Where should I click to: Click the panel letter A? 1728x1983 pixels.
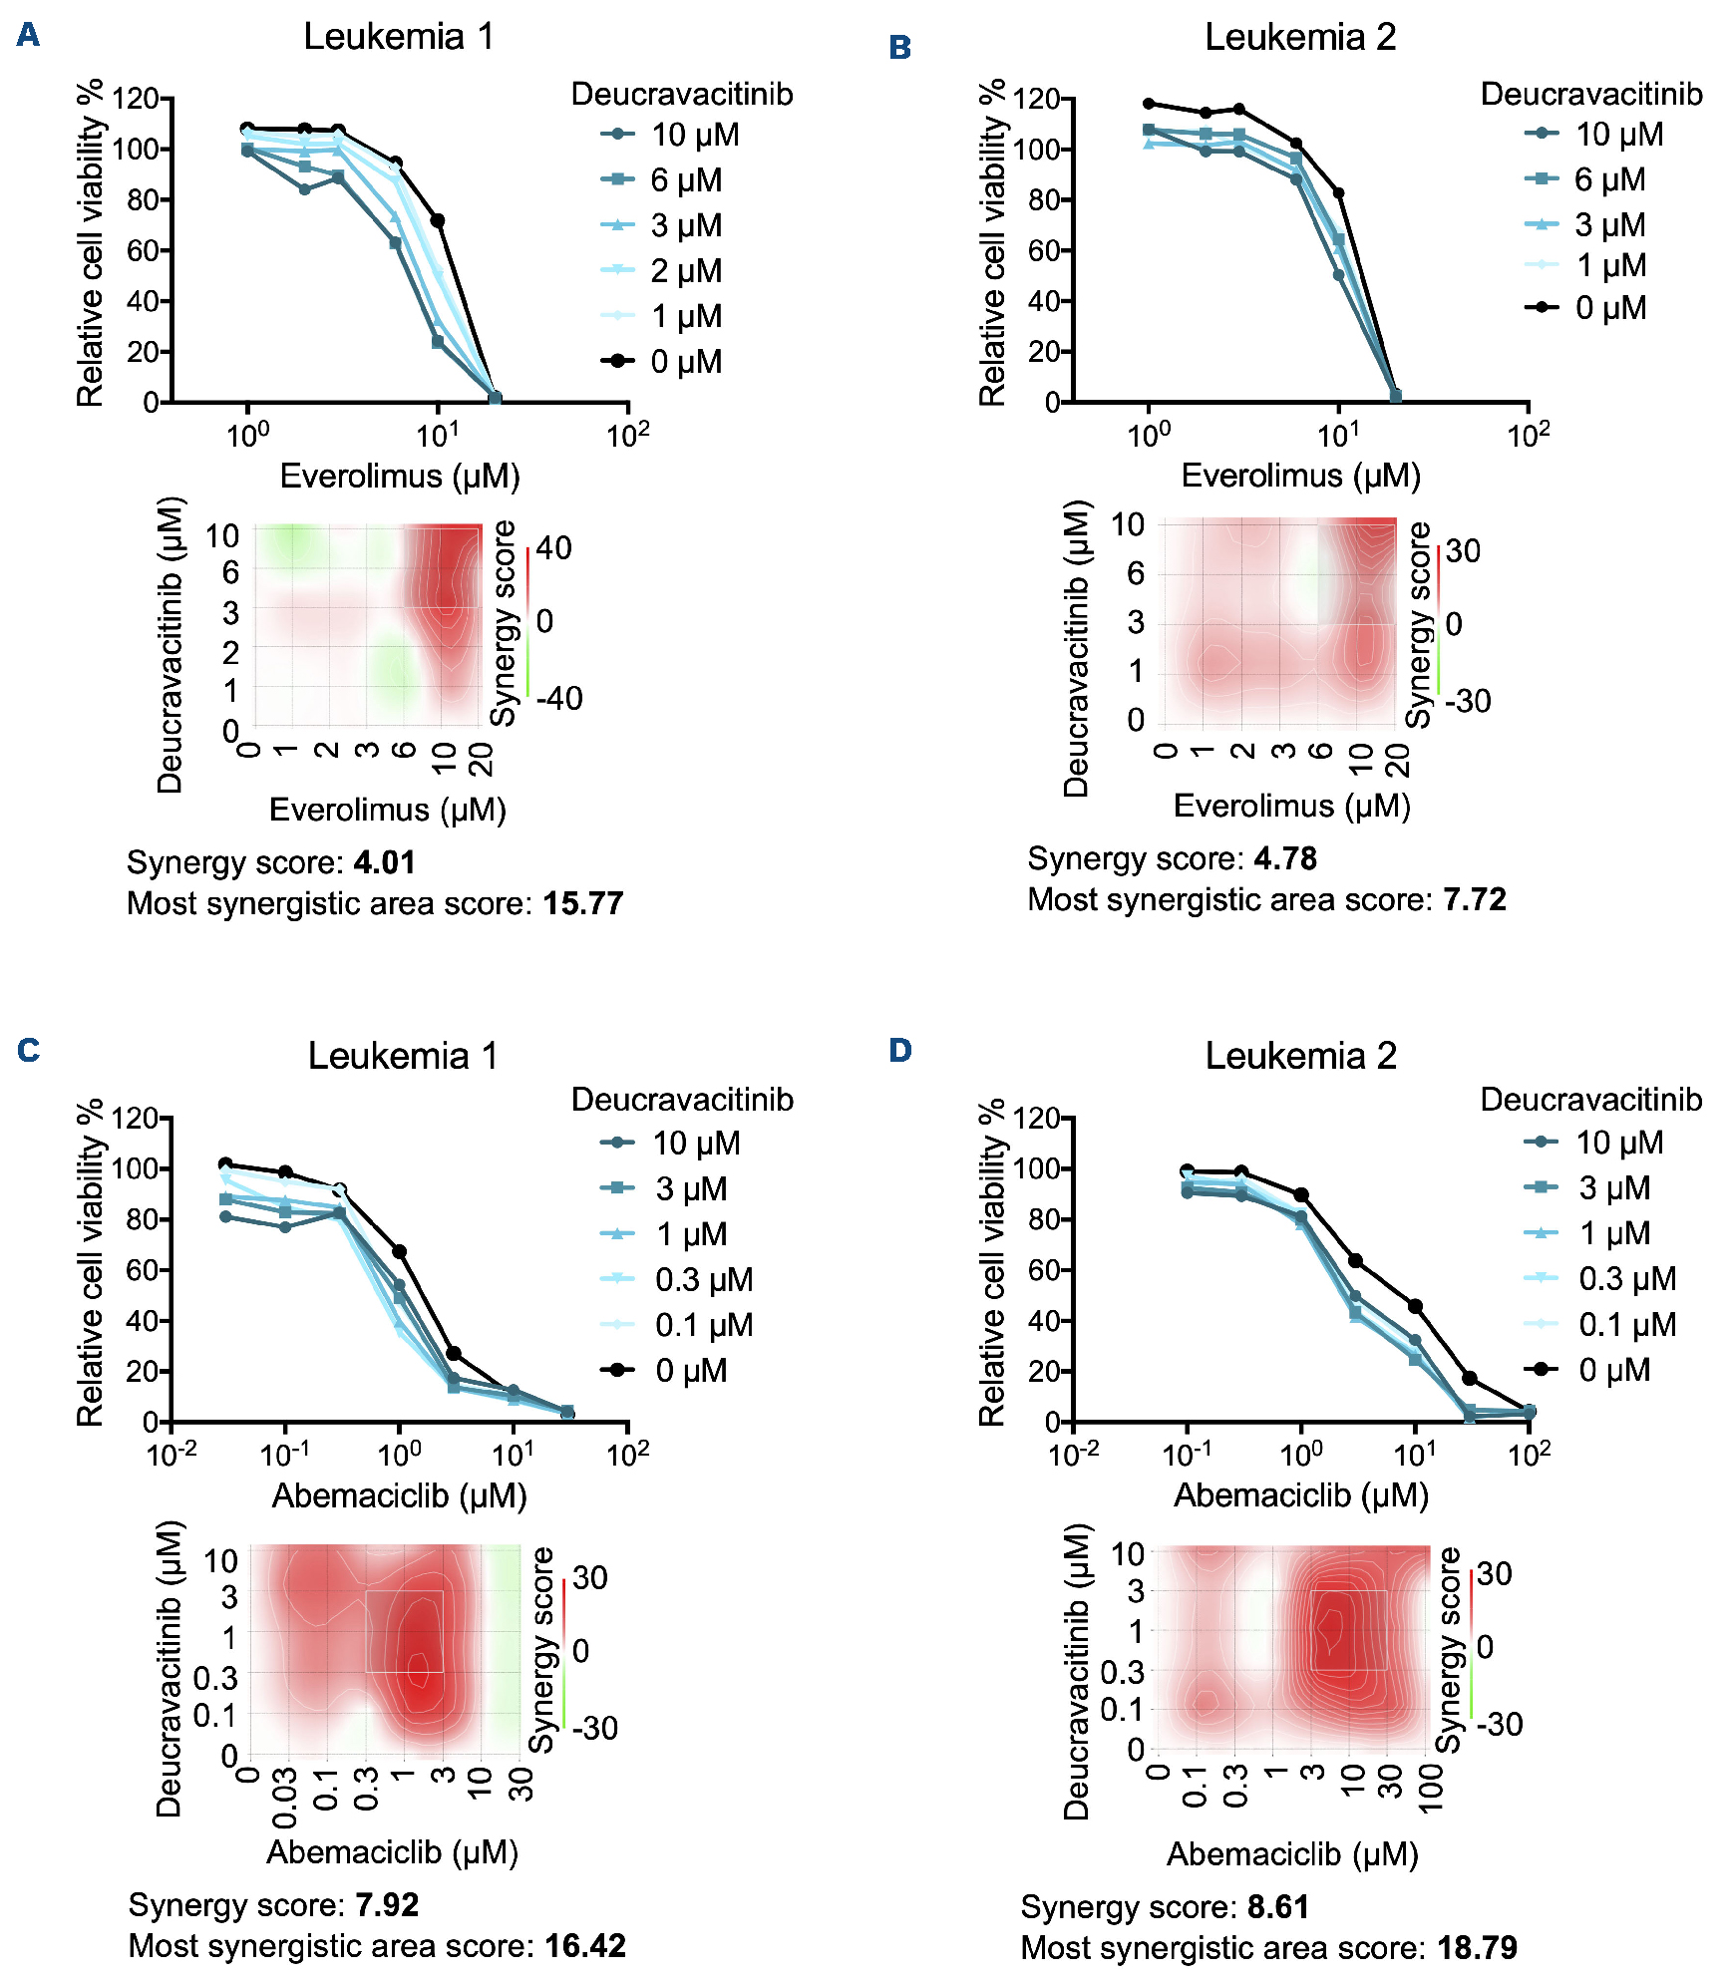(28, 35)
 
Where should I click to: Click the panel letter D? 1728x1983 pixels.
(900, 1050)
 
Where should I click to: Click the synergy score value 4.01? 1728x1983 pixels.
(384, 862)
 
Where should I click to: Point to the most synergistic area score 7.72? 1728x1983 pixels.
(1475, 899)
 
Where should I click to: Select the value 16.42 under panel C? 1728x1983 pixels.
(585, 1945)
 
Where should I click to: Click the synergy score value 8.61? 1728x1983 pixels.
(1277, 1906)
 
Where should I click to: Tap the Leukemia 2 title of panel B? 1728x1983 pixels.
(1300, 37)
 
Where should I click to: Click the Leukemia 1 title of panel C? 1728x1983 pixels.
(402, 1055)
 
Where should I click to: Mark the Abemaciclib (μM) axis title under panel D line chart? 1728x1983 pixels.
(1301, 1495)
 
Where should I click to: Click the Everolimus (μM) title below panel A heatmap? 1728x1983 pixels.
(388, 810)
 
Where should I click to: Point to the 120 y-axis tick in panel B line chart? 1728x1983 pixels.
(1036, 99)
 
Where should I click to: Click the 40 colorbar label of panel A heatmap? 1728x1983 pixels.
(554, 547)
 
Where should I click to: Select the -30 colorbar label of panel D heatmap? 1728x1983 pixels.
(1500, 1724)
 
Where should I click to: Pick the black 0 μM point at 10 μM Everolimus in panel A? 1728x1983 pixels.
(437, 220)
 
